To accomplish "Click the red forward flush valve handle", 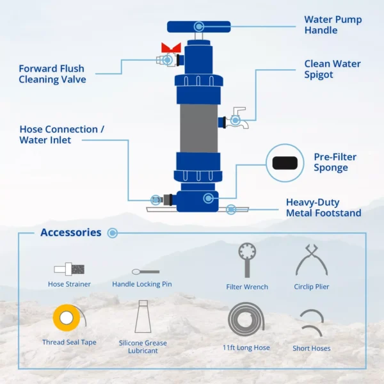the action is (171, 47).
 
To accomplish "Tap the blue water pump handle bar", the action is (198, 27).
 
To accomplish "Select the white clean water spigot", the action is (237, 118).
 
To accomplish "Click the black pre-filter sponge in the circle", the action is (285, 163).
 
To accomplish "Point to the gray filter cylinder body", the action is (198, 129).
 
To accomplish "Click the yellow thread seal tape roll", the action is (67, 317).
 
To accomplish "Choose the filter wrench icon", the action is (247, 260).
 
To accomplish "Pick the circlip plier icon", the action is (311, 260).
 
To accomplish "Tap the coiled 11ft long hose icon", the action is (246, 319).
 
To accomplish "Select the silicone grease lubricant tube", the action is (143, 316).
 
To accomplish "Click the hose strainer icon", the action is (69, 269).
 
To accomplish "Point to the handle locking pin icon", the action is (145, 271).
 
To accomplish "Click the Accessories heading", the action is (71, 232).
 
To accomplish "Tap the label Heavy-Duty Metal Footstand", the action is (323, 207).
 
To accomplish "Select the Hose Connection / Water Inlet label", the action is (61, 134).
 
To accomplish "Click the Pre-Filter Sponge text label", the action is (335, 163).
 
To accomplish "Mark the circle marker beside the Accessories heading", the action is (113, 233).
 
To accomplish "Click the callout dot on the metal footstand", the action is (230, 209).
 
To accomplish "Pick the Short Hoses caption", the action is (312, 348).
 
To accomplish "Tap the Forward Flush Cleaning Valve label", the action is (52, 74).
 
